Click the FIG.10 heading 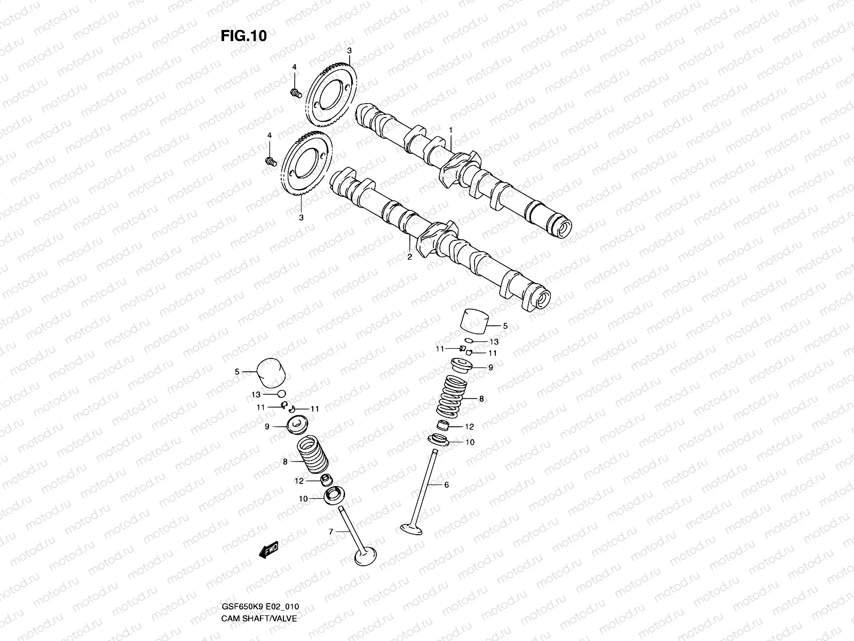pyautogui.click(x=243, y=36)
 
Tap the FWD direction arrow pyautogui.click(x=269, y=551)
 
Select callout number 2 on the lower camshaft pyautogui.click(x=409, y=257)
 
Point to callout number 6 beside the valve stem pyautogui.click(x=446, y=485)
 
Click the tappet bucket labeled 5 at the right pyautogui.click(x=475, y=322)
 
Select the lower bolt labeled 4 pyautogui.click(x=271, y=161)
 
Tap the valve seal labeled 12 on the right pyautogui.click(x=443, y=426)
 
